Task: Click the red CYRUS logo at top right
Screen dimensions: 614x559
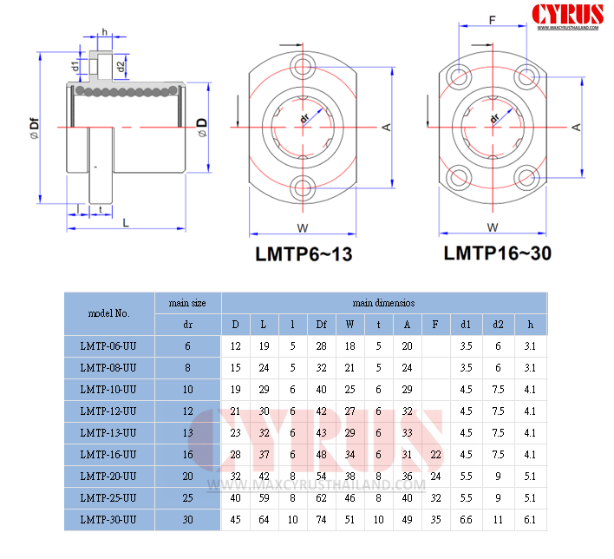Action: (x=567, y=15)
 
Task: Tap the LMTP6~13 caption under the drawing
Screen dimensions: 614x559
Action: (x=304, y=254)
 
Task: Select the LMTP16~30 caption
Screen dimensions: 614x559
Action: (x=497, y=253)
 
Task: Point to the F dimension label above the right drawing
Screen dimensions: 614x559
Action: (x=493, y=20)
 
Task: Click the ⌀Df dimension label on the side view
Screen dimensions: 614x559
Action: (x=35, y=128)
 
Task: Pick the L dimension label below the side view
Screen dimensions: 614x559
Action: (x=125, y=223)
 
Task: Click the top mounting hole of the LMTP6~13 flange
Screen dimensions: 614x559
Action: (x=303, y=66)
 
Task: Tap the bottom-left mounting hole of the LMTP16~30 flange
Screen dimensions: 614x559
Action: (x=459, y=178)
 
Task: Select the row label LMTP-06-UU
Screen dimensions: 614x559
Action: (x=108, y=346)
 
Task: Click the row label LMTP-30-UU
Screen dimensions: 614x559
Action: (x=108, y=520)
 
